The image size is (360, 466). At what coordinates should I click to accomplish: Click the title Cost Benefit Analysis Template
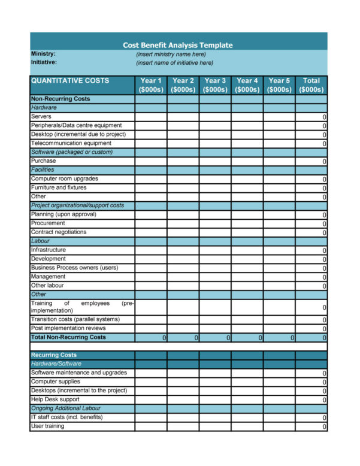(x=178, y=45)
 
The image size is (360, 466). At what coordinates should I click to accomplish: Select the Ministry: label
(x=43, y=54)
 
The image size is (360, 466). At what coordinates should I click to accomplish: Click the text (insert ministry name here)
(x=171, y=54)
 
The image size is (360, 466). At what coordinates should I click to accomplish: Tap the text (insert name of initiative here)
(x=174, y=63)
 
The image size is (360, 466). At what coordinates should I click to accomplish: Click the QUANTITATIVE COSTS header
(x=70, y=81)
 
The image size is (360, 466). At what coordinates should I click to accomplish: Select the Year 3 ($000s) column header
(x=215, y=85)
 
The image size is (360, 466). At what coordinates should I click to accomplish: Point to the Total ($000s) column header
(x=311, y=85)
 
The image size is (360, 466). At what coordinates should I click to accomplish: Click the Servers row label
(x=41, y=116)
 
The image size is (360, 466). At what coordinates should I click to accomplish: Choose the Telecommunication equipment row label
(x=71, y=143)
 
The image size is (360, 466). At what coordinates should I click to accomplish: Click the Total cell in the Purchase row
(x=311, y=161)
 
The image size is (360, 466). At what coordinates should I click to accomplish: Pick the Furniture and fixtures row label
(x=59, y=187)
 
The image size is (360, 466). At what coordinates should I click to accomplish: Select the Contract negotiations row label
(x=59, y=232)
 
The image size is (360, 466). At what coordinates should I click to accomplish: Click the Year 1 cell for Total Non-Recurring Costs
(x=151, y=338)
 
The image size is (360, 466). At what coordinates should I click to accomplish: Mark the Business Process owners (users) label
(x=74, y=268)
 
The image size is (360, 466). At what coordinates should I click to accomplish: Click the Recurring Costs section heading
(x=54, y=355)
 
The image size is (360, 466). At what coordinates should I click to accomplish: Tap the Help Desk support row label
(x=55, y=400)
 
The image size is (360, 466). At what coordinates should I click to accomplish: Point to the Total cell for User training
(x=311, y=426)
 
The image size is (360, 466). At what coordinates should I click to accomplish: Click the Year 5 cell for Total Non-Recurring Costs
(x=279, y=338)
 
